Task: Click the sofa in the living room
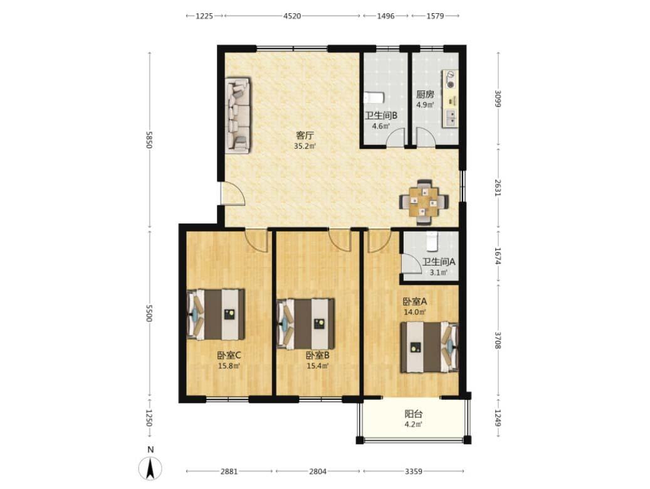click(238, 115)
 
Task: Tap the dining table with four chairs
click(424, 202)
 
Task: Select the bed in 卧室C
click(216, 314)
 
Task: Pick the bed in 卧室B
click(305, 324)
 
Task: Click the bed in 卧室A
click(429, 347)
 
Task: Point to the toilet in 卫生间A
click(432, 241)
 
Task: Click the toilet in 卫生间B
click(374, 97)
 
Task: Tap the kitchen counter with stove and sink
click(451, 99)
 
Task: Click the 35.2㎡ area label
click(305, 146)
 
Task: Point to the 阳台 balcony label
click(413, 414)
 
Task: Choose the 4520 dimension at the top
click(292, 16)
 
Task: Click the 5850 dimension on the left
click(150, 140)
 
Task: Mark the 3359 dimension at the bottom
click(413, 471)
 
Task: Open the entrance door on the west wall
click(233, 193)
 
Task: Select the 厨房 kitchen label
click(426, 95)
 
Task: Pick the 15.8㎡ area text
click(229, 366)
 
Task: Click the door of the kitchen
click(426, 137)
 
